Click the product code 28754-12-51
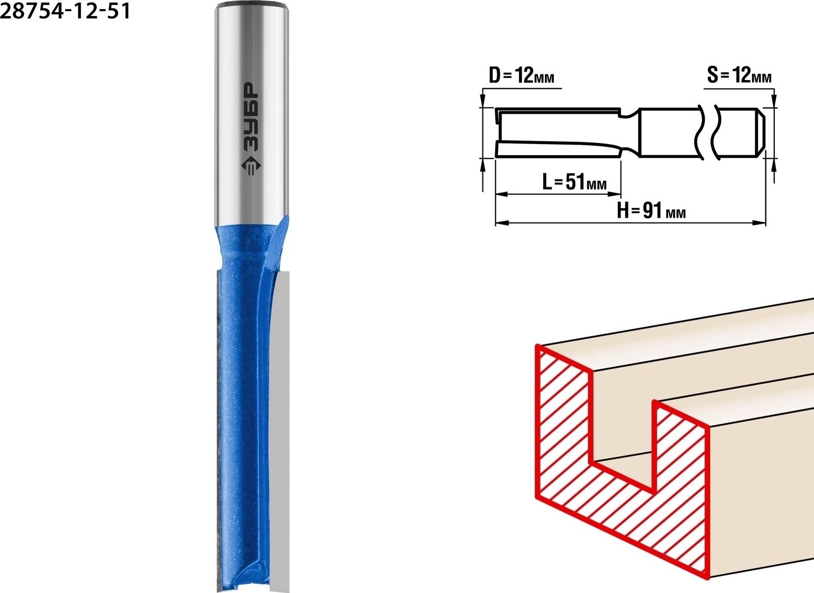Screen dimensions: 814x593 point(65,12)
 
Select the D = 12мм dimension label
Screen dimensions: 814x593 point(522,76)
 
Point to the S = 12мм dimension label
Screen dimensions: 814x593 point(739,76)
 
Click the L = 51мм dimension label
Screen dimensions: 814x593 point(574,182)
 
